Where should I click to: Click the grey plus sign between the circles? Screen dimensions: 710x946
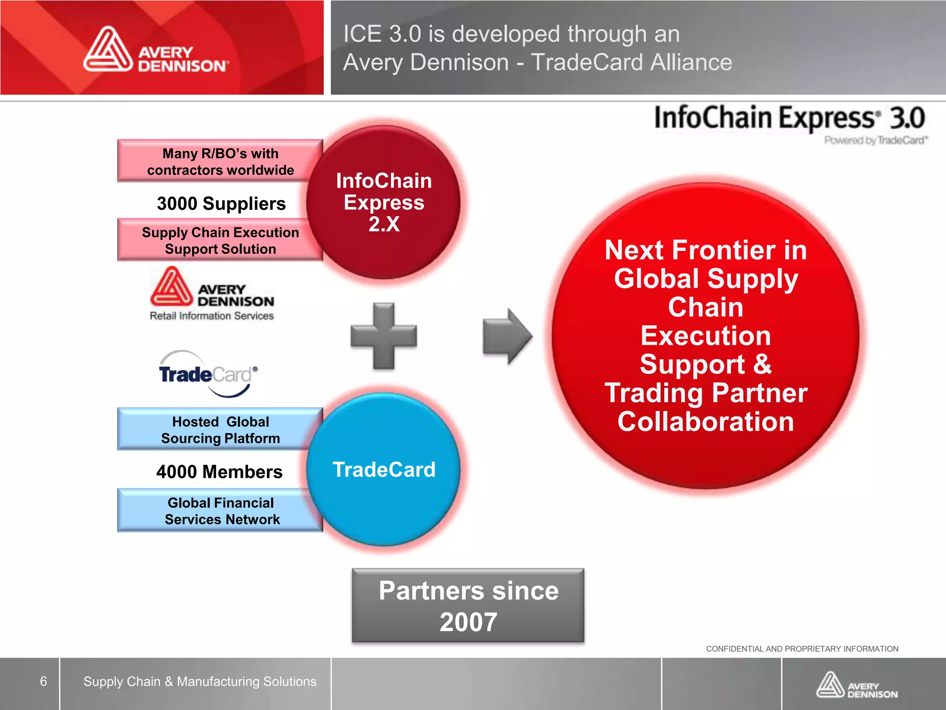(384, 336)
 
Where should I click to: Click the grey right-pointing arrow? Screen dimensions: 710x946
(507, 336)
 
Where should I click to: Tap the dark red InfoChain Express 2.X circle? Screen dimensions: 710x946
(383, 202)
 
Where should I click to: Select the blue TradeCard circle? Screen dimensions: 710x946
(383, 470)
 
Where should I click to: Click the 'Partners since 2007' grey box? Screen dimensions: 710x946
(468, 606)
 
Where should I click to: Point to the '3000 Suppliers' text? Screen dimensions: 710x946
(221, 203)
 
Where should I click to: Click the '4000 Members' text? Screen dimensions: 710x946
(219, 472)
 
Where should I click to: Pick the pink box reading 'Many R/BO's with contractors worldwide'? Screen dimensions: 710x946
(220, 161)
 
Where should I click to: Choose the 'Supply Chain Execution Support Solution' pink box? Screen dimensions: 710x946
(220, 240)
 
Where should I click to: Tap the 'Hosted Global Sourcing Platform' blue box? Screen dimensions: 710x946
(220, 429)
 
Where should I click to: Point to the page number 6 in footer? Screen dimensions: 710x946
(43, 681)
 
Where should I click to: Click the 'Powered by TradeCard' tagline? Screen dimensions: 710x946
(876, 140)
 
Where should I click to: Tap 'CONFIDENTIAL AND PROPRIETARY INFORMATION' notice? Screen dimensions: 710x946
(802, 649)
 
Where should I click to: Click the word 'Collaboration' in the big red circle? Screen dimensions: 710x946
(706, 422)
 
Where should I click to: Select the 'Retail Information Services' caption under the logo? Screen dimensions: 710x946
(212, 316)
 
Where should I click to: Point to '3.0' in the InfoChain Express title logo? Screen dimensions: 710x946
(907, 118)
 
